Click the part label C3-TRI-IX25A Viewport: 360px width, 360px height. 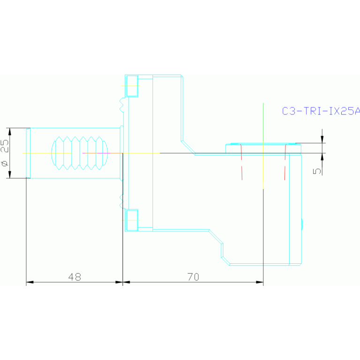click(321, 111)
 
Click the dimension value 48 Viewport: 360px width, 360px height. click(75, 277)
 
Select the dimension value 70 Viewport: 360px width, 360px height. click(193, 277)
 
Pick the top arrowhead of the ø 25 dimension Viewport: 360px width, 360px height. click(10, 131)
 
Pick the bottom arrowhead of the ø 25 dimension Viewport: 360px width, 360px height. click(10, 175)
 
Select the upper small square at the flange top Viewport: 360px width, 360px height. click(132, 85)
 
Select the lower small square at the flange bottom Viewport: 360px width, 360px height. click(132, 220)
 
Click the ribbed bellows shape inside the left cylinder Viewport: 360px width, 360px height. click(79, 153)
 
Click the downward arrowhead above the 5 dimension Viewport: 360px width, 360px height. click(322, 139)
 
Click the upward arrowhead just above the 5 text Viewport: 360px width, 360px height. click(322, 157)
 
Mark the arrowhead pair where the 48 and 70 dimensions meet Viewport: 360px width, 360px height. click(123, 282)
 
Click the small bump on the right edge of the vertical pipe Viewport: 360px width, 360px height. click(302, 224)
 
